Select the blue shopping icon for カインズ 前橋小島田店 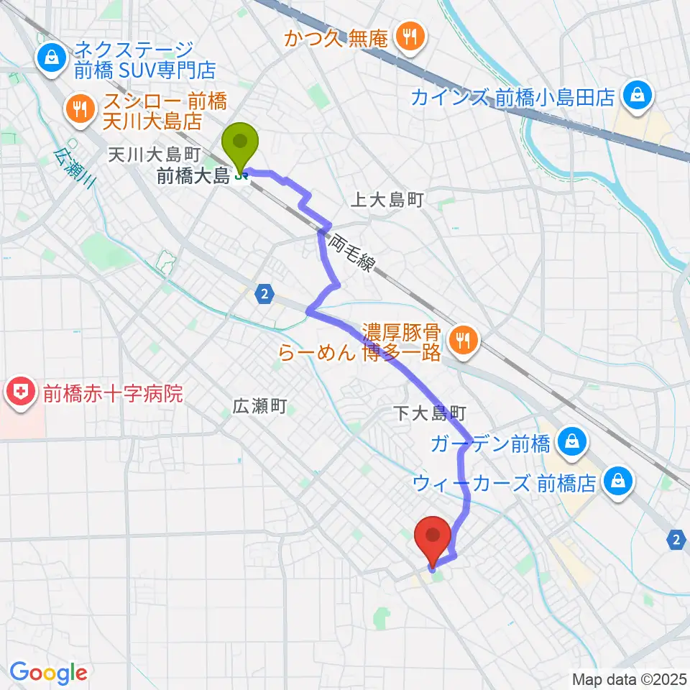(637, 95)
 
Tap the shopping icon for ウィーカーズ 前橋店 (618, 481)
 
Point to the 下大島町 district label (431, 413)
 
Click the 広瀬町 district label (259, 407)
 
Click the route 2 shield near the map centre (265, 293)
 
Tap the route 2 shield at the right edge (676, 539)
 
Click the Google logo (48, 673)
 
